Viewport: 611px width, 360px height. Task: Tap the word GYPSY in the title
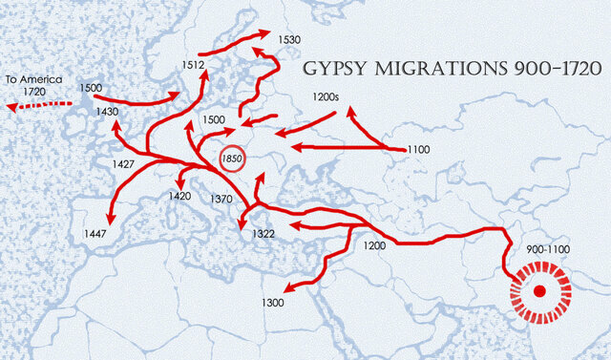tap(334, 72)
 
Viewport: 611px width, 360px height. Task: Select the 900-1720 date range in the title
tap(558, 72)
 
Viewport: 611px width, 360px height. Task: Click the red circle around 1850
tap(233, 159)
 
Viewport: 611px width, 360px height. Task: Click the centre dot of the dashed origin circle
tap(539, 291)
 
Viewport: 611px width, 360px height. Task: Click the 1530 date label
tap(289, 39)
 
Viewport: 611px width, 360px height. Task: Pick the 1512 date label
tap(194, 65)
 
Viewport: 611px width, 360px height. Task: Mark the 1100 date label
tap(418, 150)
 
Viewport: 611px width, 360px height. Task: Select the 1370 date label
tap(222, 199)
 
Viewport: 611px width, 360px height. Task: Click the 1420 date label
tap(179, 196)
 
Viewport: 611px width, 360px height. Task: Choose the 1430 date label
tap(107, 112)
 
